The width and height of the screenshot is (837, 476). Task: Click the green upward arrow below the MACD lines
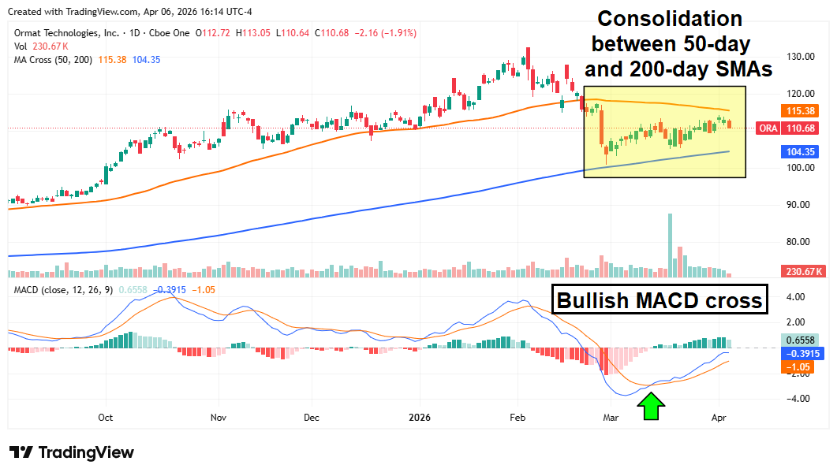pos(652,407)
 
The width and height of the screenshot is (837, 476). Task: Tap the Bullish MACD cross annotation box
pos(660,300)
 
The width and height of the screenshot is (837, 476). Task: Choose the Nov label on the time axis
pos(219,418)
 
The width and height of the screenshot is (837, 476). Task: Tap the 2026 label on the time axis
pos(418,418)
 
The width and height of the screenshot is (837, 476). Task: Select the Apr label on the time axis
pos(718,418)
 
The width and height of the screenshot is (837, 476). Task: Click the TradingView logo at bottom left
pos(72,452)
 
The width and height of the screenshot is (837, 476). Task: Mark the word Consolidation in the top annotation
pos(667,19)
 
